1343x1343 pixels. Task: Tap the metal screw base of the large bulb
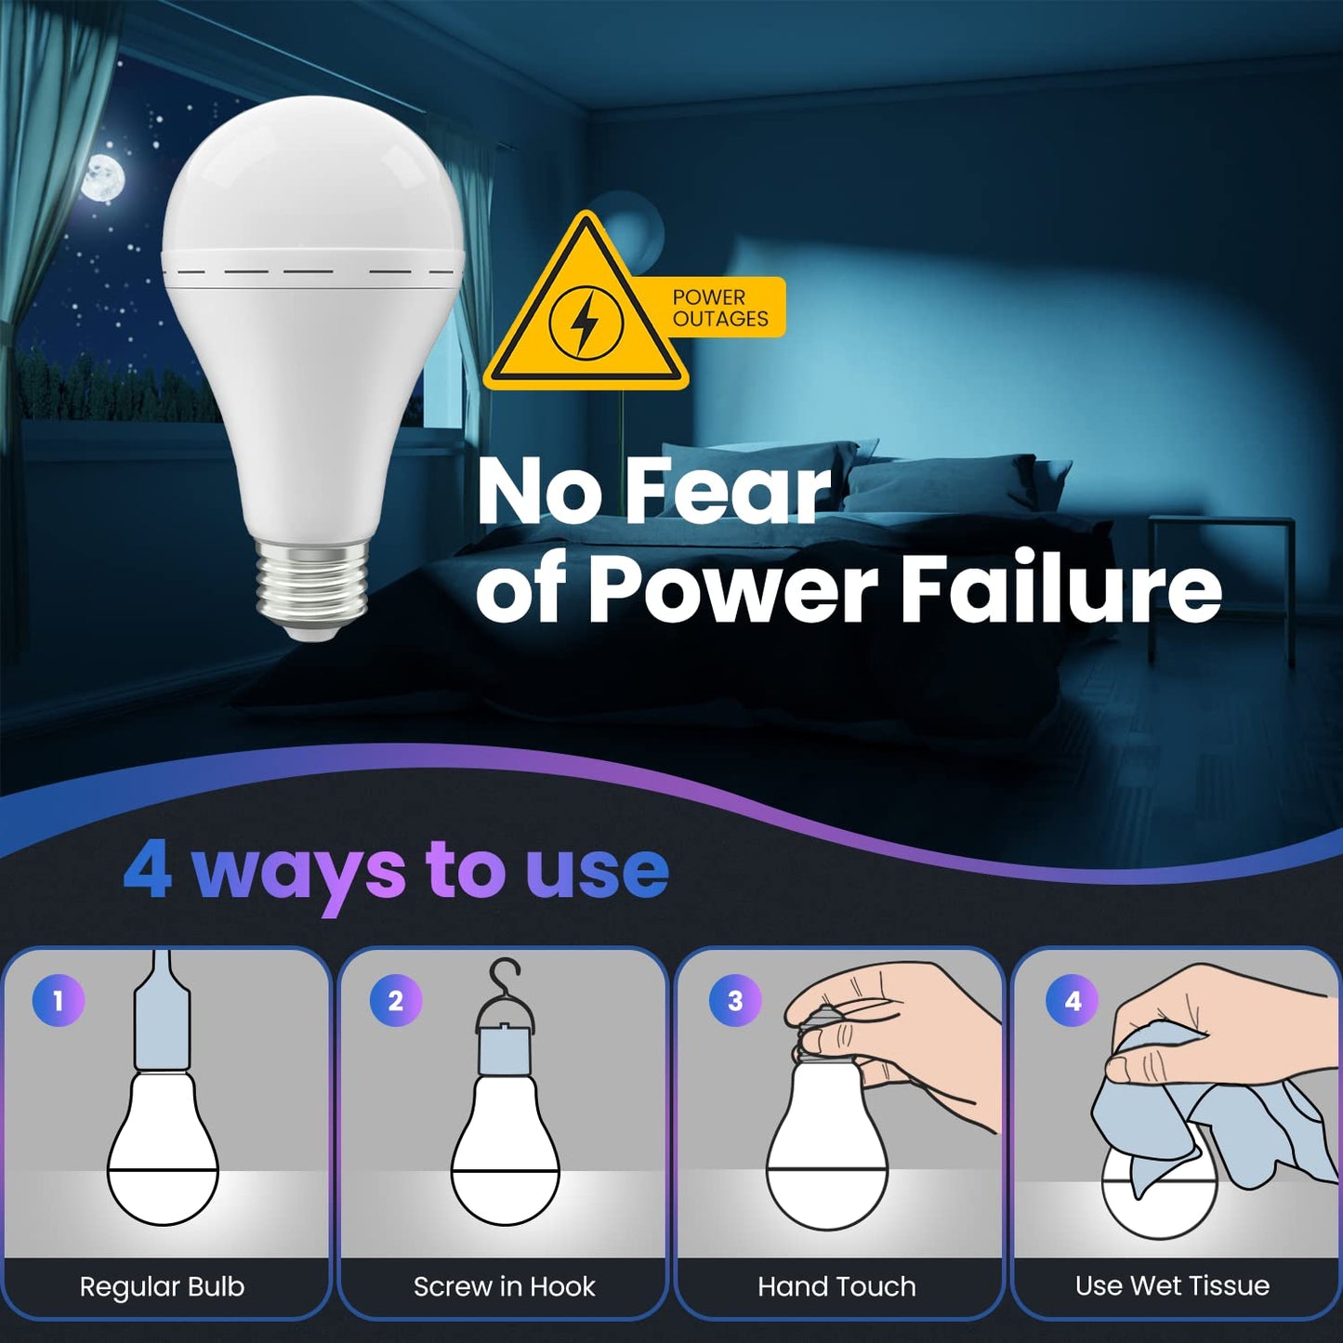pos(311,586)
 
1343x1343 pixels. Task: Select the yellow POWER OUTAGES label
pos(720,308)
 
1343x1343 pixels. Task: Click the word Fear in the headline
pos(726,493)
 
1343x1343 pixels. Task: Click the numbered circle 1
pos(58,1001)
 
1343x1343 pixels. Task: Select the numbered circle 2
pos(395,1001)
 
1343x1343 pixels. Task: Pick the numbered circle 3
pos(734,1001)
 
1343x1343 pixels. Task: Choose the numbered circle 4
pos(1073,1001)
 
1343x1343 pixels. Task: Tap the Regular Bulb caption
pos(162,1286)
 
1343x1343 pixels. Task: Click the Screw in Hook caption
pos(504,1286)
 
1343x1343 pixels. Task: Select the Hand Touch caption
pos(836,1286)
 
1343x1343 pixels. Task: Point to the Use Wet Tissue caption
pos(1172,1285)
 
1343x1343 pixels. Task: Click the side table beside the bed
pos(1219,558)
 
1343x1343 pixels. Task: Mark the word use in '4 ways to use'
pos(596,871)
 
